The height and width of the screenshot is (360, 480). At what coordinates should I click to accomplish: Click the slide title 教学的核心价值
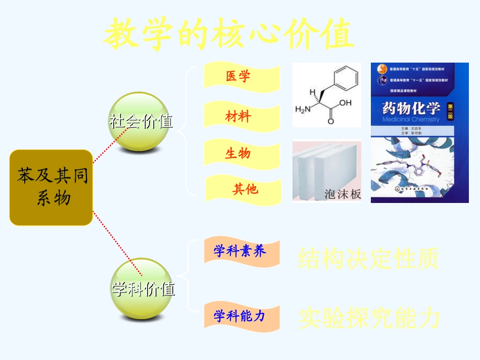pyautogui.click(x=228, y=34)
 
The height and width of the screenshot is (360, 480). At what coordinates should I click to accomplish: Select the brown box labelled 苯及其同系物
pyautogui.click(x=52, y=187)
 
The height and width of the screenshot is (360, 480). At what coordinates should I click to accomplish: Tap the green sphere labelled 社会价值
pyautogui.click(x=138, y=121)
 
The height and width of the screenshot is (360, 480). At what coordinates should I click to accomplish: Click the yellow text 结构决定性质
pyautogui.click(x=368, y=259)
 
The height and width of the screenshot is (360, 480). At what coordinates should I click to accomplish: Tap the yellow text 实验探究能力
pyautogui.click(x=369, y=318)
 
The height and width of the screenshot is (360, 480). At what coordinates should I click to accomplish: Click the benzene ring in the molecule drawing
pyautogui.click(x=348, y=78)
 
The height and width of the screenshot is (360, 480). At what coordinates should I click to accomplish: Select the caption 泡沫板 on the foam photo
pyautogui.click(x=342, y=194)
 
